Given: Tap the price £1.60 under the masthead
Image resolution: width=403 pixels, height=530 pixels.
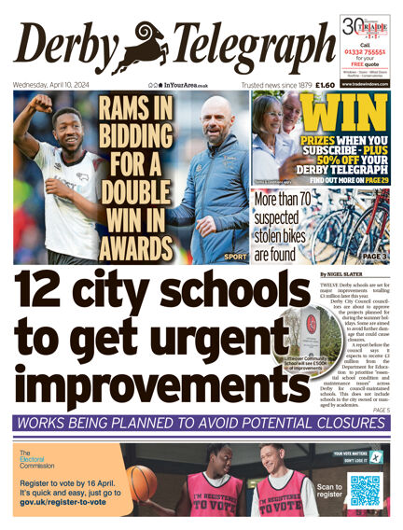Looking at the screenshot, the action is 326,85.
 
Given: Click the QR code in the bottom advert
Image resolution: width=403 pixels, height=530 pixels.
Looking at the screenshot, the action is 366,490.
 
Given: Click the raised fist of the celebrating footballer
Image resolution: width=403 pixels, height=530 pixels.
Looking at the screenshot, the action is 36,100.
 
